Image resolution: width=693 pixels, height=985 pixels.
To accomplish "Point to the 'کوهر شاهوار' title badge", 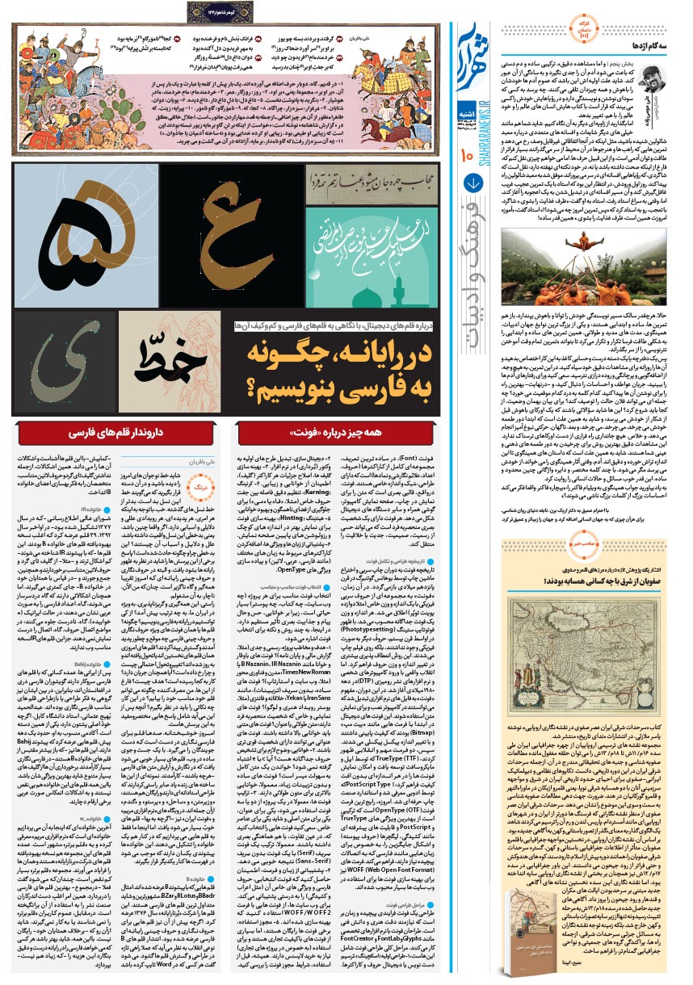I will [224, 10].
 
